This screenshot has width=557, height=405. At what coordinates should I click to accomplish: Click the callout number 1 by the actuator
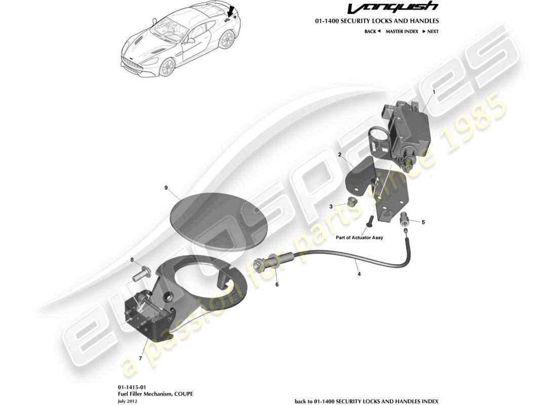tap(433, 92)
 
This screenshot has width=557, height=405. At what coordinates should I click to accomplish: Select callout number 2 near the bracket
tap(340, 154)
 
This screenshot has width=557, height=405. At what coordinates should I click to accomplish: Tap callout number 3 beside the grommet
tap(331, 207)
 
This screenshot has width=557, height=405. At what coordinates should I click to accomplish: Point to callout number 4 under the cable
tap(359, 274)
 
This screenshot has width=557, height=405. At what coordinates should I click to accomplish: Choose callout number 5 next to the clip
tap(423, 222)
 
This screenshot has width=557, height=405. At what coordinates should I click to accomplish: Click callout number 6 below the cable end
tap(276, 285)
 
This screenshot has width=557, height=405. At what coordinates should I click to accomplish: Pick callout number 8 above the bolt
tap(132, 260)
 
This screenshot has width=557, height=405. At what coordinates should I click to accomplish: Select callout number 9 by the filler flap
tap(166, 187)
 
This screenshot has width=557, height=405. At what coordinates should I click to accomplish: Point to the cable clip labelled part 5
tap(405, 219)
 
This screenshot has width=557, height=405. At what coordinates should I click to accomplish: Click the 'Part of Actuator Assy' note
tap(360, 237)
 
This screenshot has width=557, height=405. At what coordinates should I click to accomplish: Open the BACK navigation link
tap(372, 31)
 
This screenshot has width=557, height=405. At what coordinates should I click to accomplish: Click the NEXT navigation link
tap(430, 31)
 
